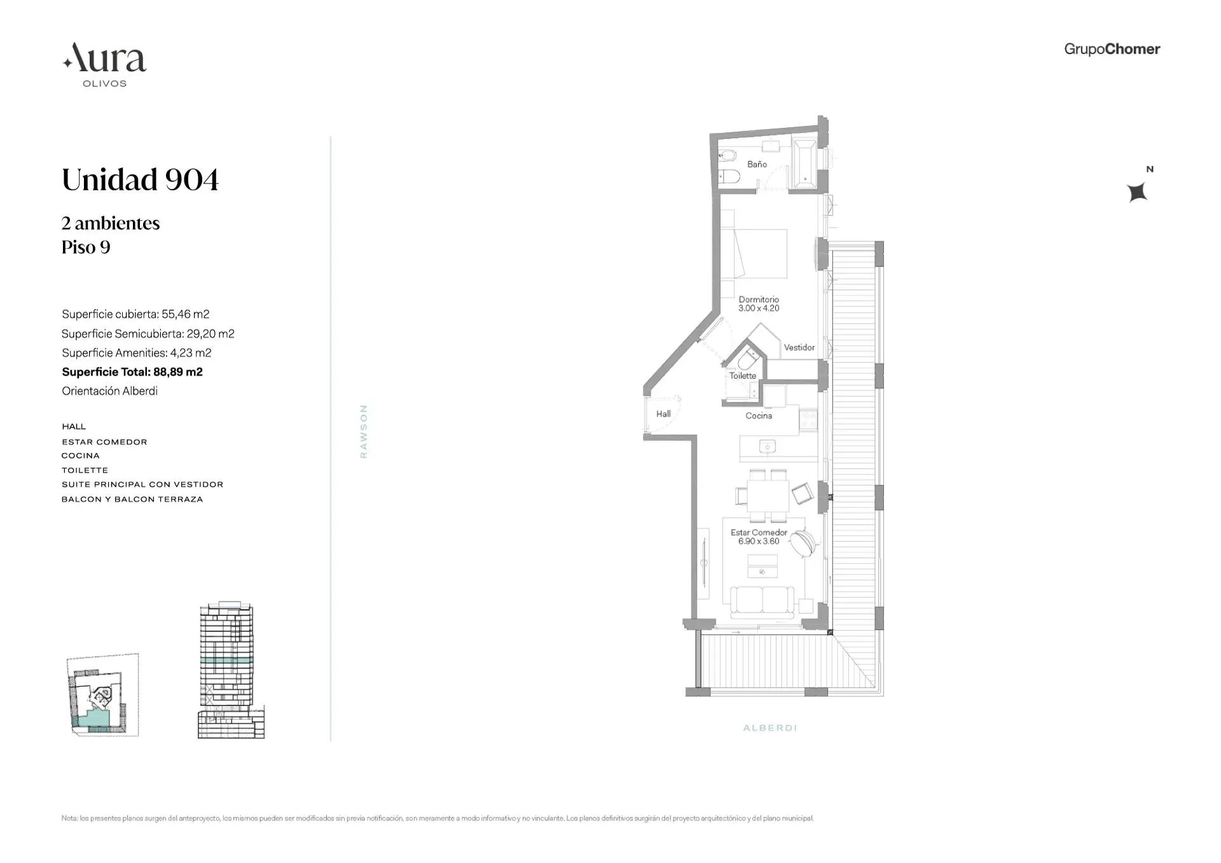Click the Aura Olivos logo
[x=105, y=64]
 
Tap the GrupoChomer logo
[x=1112, y=49]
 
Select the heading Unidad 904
[x=140, y=180]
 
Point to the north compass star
[x=1137, y=192]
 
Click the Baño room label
[x=757, y=164]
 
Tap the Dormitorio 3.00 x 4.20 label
[x=759, y=304]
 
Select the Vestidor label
[x=799, y=347]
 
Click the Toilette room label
[x=743, y=376]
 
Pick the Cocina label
[x=759, y=416]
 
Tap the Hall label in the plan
[x=663, y=414]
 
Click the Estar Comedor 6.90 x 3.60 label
[x=759, y=537]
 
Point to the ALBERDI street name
[x=769, y=728]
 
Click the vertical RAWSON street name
[x=364, y=431]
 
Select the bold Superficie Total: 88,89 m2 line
[x=132, y=372]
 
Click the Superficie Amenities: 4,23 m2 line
[x=136, y=353]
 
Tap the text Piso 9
[x=86, y=247]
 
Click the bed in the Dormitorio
[x=760, y=253]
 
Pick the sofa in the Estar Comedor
[x=762, y=602]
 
